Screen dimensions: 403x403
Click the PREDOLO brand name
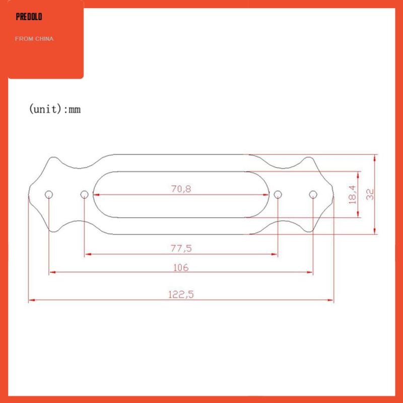(29, 17)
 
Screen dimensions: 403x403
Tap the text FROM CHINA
(34, 39)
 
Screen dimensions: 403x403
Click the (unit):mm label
(54, 108)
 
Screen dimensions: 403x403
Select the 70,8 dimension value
(182, 189)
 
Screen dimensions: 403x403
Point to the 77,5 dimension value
(182, 248)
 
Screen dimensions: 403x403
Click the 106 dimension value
(180, 267)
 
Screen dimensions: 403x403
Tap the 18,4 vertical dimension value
(352, 194)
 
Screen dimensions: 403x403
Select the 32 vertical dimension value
(370, 194)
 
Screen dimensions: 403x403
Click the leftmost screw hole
(49, 194)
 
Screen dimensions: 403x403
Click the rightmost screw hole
(313, 194)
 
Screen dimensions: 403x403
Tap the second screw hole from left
(84, 194)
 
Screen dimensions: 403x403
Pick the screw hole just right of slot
(278, 194)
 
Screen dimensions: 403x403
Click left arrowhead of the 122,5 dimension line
(31, 300)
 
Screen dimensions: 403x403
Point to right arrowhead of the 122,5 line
(330, 300)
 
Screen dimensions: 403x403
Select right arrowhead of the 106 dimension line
(310, 273)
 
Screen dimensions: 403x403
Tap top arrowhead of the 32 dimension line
(375, 158)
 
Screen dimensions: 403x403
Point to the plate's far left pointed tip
(28, 194)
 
